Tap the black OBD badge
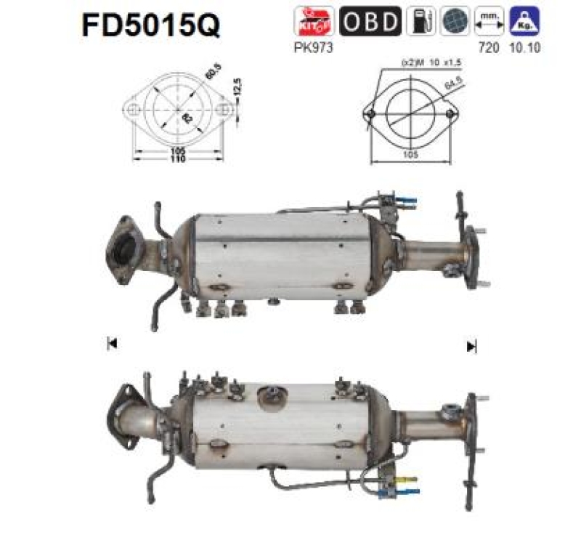(370, 21)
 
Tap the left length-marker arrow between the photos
(111, 345)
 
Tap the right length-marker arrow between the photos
(471, 345)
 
